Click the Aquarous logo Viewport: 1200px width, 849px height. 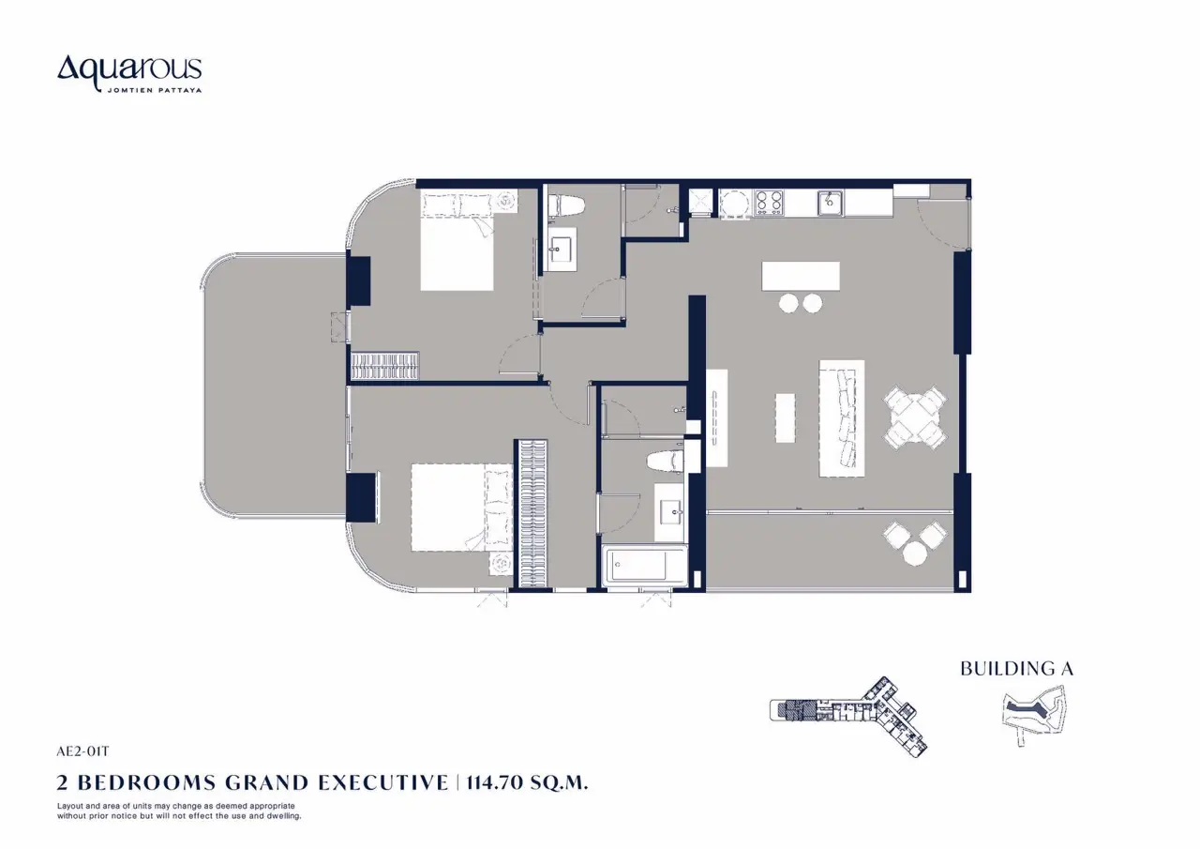(129, 73)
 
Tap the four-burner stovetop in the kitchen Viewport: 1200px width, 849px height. (769, 204)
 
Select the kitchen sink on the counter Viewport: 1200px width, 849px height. (830, 204)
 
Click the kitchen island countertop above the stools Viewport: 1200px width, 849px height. (801, 276)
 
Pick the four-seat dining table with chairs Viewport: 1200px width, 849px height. (915, 417)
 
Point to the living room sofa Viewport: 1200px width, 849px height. (842, 418)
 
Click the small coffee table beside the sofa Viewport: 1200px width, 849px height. (785, 418)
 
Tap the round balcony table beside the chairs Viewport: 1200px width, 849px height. (914, 553)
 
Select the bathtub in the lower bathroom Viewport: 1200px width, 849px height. (644, 566)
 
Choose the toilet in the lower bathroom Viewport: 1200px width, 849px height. (665, 462)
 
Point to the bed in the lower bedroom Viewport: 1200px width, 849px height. (462, 507)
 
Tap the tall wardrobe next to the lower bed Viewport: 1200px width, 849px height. (531, 514)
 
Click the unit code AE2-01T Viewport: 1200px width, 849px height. (83, 751)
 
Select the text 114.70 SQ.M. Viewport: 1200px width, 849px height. (527, 782)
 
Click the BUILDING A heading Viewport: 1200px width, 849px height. (1017, 668)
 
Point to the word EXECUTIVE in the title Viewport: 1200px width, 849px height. (383, 782)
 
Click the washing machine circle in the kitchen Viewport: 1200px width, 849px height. (735, 204)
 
